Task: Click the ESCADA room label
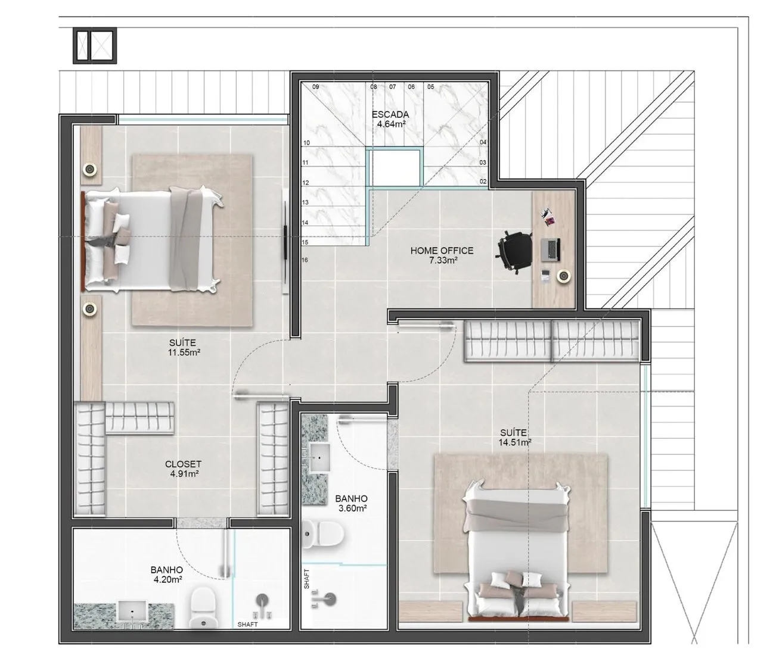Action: (390, 114)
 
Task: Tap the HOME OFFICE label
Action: (442, 251)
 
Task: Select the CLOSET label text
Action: (183, 464)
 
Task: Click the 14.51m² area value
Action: (514, 442)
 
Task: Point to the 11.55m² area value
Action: (184, 352)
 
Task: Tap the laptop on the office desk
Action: (551, 250)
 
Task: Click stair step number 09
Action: (315, 87)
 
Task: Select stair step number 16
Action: (305, 260)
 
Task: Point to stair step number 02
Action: (483, 182)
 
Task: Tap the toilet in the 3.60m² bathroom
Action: (323, 533)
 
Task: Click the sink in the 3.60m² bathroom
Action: (319, 458)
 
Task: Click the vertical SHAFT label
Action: (307, 579)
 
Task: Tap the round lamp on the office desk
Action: (563, 276)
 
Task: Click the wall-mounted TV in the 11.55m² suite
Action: (285, 241)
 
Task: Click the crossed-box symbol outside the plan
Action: (95, 45)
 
